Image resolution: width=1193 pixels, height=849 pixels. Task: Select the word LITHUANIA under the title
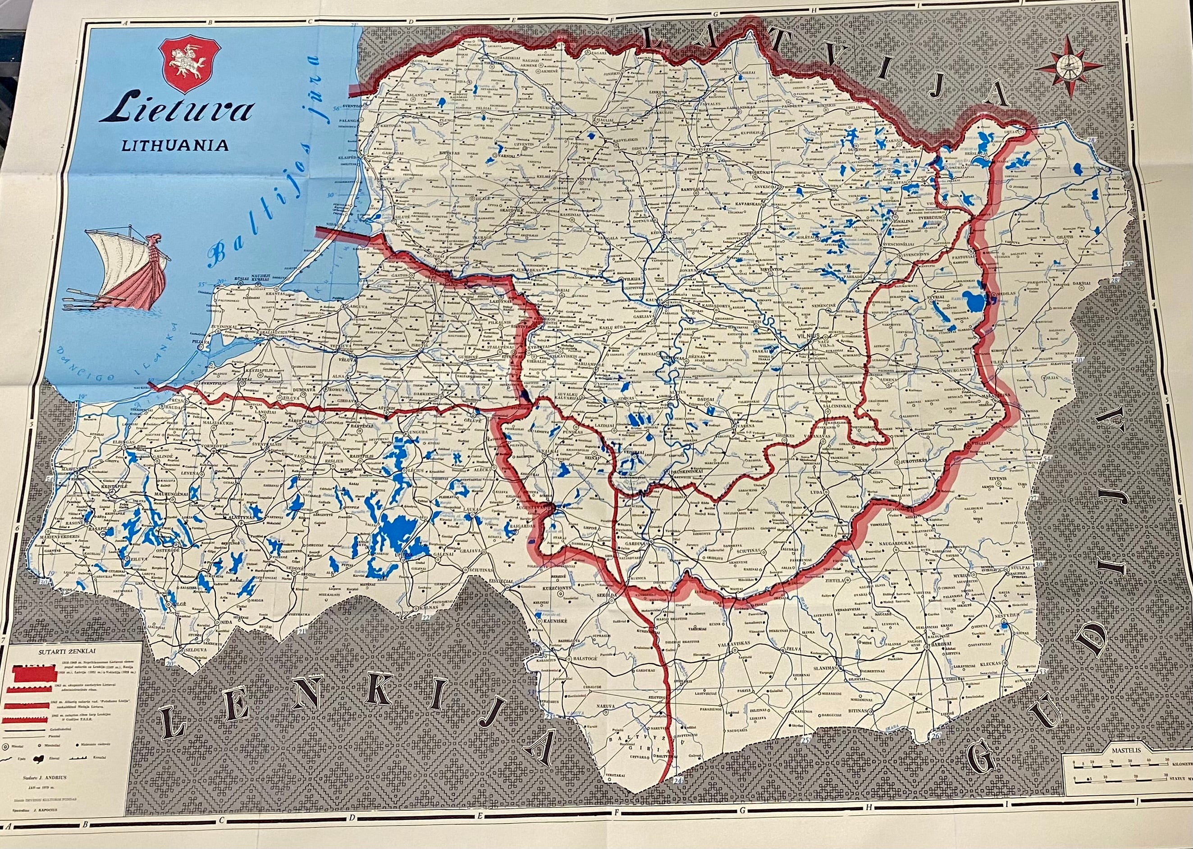click(175, 145)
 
